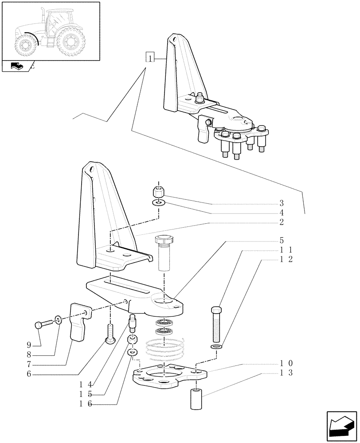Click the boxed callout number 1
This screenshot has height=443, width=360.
click(151, 58)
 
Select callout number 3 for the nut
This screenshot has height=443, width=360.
click(281, 204)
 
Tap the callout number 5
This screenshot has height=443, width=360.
click(281, 241)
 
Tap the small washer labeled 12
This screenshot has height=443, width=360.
click(215, 346)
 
